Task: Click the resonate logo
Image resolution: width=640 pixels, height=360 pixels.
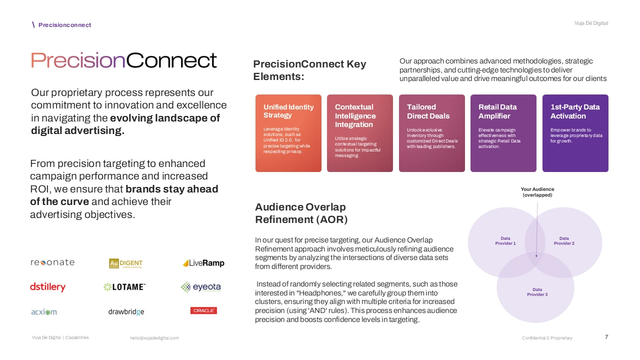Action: [x=52, y=262]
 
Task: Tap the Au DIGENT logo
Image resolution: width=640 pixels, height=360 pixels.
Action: [x=126, y=263]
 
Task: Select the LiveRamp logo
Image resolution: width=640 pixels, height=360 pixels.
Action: [x=203, y=263]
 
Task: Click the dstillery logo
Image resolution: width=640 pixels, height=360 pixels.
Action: [x=48, y=287]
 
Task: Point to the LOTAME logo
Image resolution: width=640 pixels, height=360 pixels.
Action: [x=124, y=287]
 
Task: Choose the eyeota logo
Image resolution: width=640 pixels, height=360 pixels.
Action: [x=200, y=287]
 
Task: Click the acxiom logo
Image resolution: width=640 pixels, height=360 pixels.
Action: [x=44, y=312]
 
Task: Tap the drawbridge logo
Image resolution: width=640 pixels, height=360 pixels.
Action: [x=126, y=312]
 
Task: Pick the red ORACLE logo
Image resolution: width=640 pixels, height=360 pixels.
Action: [x=203, y=310]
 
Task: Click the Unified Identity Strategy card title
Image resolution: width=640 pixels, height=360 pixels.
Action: [x=288, y=111]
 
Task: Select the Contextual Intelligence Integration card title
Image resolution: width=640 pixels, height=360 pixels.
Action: [x=355, y=115]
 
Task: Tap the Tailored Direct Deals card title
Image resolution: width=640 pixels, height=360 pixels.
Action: [x=428, y=111]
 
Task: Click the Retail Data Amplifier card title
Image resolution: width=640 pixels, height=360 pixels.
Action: [x=497, y=111]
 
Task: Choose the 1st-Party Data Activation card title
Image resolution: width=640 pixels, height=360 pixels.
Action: [x=575, y=111]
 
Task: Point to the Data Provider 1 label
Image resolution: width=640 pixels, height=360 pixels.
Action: [x=505, y=241]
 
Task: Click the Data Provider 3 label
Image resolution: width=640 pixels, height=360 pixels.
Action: [x=537, y=292]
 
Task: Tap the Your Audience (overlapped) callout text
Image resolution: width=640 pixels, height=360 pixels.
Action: [x=537, y=192]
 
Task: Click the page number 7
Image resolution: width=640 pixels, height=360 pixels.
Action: [x=606, y=337]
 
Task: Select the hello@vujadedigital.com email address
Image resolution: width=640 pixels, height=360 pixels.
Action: [x=154, y=338]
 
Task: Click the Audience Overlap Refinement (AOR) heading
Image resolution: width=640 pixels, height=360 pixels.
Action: [x=301, y=213]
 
